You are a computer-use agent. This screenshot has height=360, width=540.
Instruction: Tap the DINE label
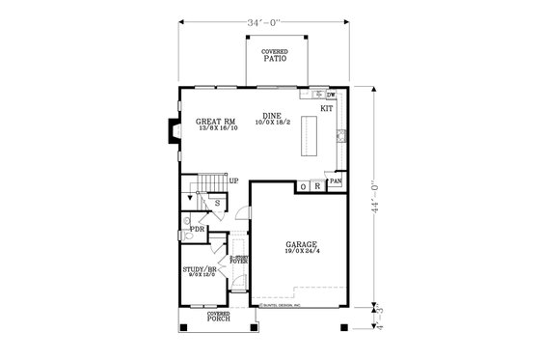pyautogui.click(x=271, y=116)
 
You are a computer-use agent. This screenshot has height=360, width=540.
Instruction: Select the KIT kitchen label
pyautogui.click(x=326, y=109)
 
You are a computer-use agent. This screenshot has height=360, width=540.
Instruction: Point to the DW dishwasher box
pyautogui.click(x=331, y=95)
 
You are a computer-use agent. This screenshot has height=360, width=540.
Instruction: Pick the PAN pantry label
pyautogui.click(x=335, y=180)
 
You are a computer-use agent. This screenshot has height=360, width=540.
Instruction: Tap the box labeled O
pyautogui.click(x=303, y=186)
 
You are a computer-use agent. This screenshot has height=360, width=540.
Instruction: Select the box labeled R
pyautogui.click(x=316, y=186)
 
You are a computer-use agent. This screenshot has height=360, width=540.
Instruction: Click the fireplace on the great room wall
pyautogui.click(x=172, y=131)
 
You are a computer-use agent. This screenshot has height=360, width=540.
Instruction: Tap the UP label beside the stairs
pyautogui.click(x=233, y=180)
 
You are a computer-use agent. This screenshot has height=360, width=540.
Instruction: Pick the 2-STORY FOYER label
pyautogui.click(x=239, y=259)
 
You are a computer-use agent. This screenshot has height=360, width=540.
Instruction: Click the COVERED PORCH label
pyautogui.click(x=219, y=317)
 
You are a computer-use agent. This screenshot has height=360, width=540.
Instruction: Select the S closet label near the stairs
pyautogui.click(x=218, y=203)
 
